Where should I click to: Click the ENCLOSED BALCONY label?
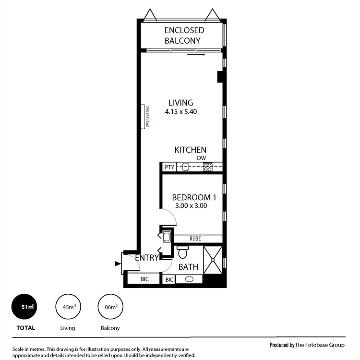click(184, 35)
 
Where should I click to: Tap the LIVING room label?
click(180, 103)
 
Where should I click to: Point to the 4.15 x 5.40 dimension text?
click(181, 112)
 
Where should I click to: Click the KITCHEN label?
click(190, 150)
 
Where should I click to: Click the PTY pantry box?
click(169, 168)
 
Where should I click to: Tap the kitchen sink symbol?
click(185, 168)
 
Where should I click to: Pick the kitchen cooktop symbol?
click(208, 168)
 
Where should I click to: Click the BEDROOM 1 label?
click(192, 197)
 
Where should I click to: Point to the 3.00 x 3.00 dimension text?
click(192, 206)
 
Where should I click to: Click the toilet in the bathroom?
click(182, 252)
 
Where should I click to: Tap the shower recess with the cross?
click(213, 260)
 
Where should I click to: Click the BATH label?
click(188, 267)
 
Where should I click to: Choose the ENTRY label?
click(147, 258)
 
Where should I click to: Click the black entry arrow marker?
click(117, 263)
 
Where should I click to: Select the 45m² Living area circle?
click(68, 307)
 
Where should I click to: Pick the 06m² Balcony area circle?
click(110, 307)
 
